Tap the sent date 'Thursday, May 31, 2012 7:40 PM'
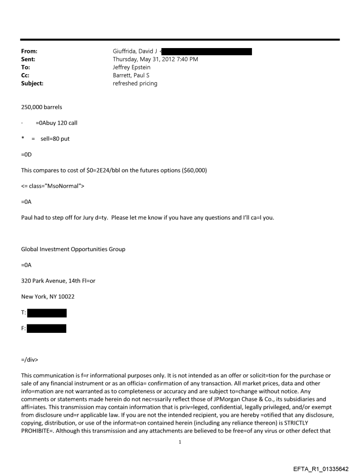[x=155, y=60]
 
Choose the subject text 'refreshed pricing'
[x=135, y=84]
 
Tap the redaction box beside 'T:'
[x=47, y=313]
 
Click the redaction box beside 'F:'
[x=46, y=328]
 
